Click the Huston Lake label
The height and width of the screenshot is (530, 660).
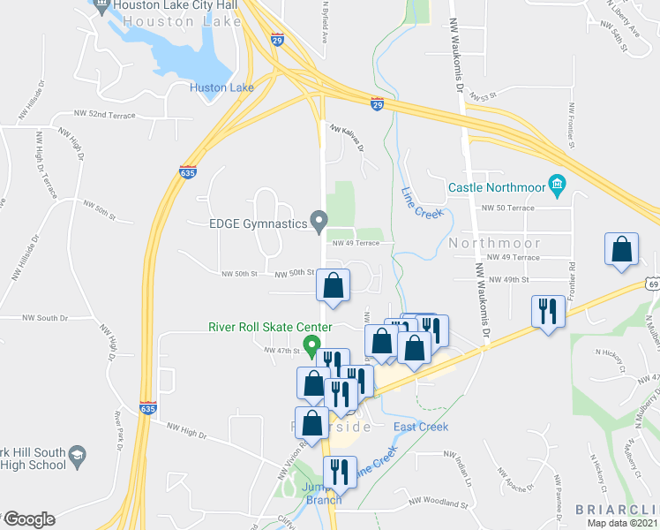(221, 87)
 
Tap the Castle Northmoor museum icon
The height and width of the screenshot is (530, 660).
(557, 185)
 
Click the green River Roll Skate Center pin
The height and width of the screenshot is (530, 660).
(311, 344)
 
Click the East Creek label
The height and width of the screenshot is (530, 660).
(421, 427)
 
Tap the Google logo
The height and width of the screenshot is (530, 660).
(28, 519)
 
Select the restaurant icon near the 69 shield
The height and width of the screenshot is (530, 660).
(547, 312)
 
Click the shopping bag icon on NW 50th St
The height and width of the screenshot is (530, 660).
(333, 285)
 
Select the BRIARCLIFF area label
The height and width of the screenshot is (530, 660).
(617, 510)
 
